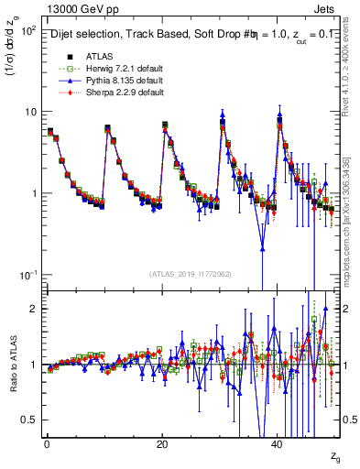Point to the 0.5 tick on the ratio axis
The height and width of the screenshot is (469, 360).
tap(27, 420)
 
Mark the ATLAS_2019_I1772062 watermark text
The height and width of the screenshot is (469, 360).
tap(191, 273)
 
